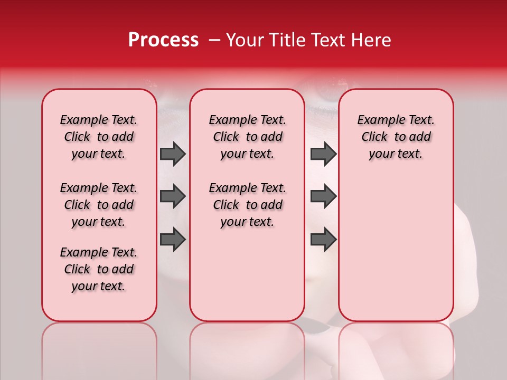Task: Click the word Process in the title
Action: point(163,40)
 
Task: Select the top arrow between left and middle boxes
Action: point(173,154)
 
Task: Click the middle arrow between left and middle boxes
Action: point(173,196)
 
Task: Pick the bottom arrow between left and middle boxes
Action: point(173,239)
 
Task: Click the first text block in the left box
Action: point(99,137)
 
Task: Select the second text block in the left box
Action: point(99,205)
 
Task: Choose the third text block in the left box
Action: point(99,269)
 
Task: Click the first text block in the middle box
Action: point(247,137)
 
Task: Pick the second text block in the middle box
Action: point(247,205)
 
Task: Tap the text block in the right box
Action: point(396,137)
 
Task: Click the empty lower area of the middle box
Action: point(247,274)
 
